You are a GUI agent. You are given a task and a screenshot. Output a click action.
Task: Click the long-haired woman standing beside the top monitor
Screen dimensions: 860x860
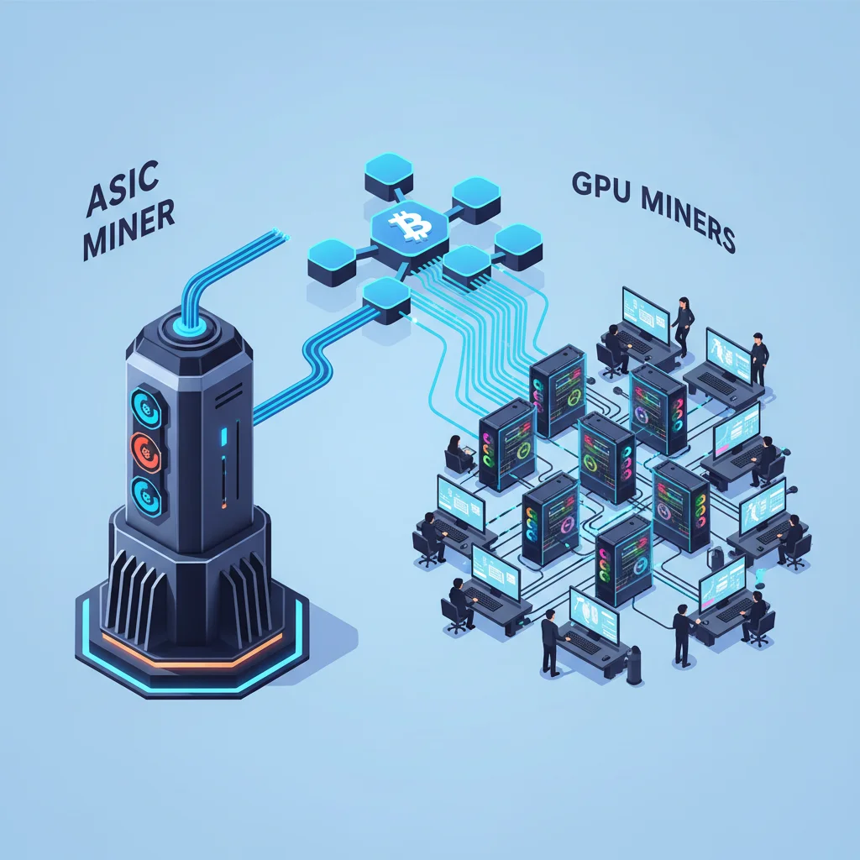682,323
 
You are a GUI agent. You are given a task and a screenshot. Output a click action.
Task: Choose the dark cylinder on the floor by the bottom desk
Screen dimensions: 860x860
636,660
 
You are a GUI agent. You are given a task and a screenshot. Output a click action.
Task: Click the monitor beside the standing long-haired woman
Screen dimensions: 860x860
645,313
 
